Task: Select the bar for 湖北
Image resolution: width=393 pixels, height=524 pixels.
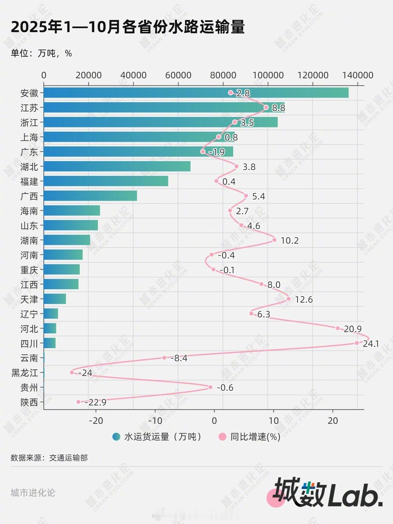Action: point(117,166)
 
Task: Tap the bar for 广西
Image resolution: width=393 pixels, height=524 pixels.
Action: point(90,196)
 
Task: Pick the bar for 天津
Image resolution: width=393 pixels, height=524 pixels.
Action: point(55,299)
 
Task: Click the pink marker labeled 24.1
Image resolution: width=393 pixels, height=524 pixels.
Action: point(357,343)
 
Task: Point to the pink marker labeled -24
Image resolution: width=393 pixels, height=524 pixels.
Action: point(72,372)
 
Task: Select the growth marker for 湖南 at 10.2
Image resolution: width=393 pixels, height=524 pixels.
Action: point(274,240)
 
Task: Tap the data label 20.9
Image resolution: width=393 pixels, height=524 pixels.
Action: point(352,329)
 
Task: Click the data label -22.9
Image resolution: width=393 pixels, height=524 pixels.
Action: point(95,402)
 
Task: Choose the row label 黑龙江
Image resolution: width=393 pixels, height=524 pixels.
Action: point(25,373)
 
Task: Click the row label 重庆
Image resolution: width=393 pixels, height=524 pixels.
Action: point(29,270)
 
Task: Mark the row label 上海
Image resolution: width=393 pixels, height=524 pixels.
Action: point(29,137)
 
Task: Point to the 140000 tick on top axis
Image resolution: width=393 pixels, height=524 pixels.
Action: point(358,75)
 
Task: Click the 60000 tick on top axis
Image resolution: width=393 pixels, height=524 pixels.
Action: point(178,75)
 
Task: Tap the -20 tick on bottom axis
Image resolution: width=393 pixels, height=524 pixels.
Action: point(96,421)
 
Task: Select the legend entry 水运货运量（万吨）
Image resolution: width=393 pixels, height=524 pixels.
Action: point(157,437)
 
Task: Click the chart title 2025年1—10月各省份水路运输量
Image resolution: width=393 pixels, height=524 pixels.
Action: point(128,27)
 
